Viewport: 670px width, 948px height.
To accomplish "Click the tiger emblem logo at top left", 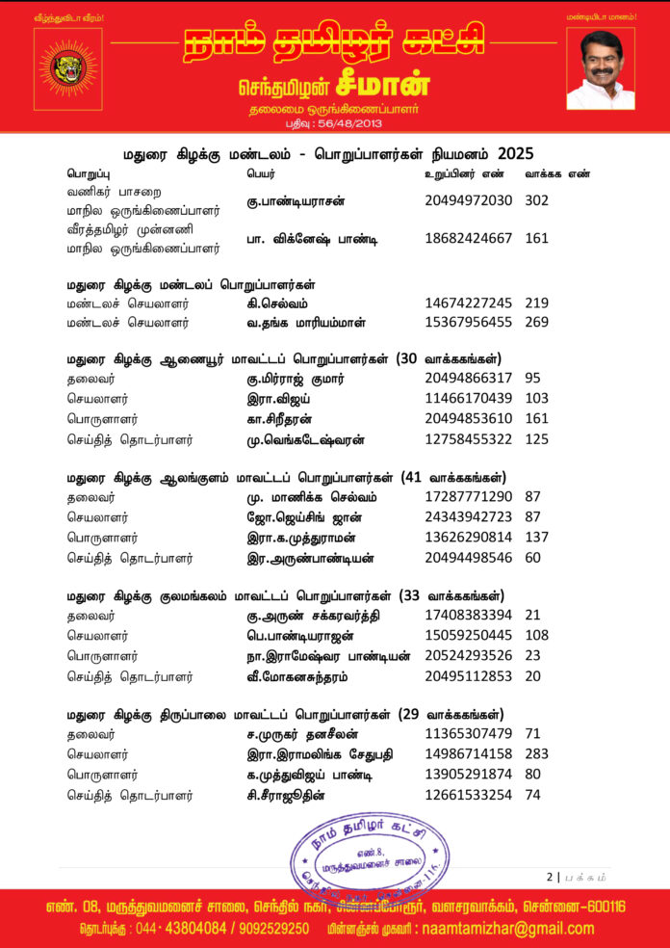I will (66, 66).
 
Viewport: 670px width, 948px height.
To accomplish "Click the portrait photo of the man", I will (601, 68).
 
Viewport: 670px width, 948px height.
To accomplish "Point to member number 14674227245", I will (468, 303).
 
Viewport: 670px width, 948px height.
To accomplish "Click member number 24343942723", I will (468, 519).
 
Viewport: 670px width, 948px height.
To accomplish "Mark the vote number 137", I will (537, 538).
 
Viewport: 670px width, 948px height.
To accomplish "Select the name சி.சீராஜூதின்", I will (294, 795).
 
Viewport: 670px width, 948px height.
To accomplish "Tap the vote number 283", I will (537, 757).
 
